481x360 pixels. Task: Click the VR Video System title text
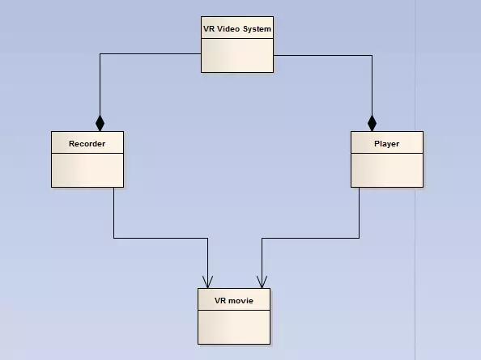tap(237, 29)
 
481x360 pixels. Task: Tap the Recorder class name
tap(87, 144)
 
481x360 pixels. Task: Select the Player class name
tap(387, 144)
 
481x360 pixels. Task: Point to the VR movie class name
tap(234, 301)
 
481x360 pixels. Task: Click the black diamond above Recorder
tap(100, 124)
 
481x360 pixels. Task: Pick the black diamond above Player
tap(372, 124)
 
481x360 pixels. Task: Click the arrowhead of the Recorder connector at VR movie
tap(207, 282)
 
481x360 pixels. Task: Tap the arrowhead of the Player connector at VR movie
tap(262, 282)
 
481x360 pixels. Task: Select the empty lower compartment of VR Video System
tap(237, 56)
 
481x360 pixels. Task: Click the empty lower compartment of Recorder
tap(87, 170)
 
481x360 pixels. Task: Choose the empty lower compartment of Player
tap(387, 170)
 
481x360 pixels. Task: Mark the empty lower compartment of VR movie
tap(234, 327)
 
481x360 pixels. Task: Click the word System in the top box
tap(257, 29)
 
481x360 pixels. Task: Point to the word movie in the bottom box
tap(240, 301)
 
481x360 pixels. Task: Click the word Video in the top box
tap(228, 29)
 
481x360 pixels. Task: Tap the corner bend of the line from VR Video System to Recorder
tap(100, 54)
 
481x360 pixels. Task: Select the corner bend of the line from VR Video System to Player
tap(372, 56)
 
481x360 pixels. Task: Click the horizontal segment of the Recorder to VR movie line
tap(161, 238)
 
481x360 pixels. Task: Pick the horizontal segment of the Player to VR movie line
tap(310, 238)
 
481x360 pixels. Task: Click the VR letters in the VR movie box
tap(220, 301)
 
